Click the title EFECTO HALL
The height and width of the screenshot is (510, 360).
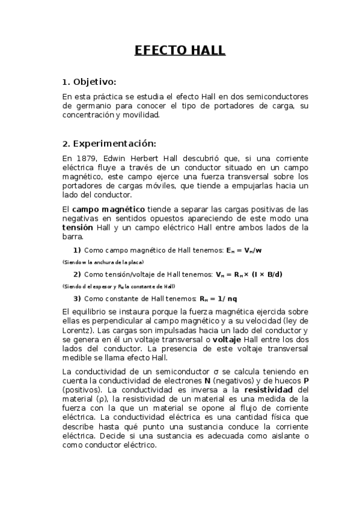tap(180, 51)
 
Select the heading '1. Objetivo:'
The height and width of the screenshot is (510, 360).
tap(89, 82)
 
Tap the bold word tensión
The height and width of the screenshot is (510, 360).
tap(78, 228)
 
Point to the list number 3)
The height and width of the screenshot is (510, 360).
tap(77, 299)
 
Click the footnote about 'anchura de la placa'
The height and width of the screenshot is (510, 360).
tap(103, 262)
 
